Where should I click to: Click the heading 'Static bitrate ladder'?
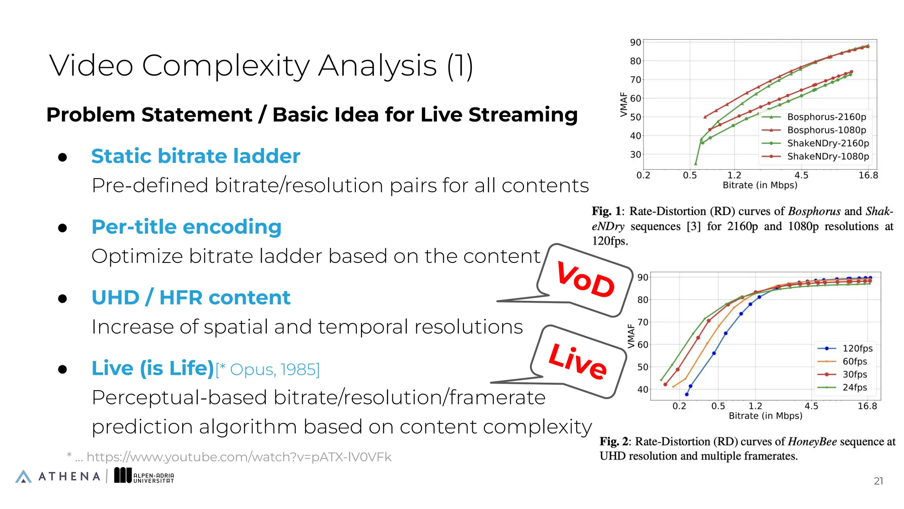tap(196, 156)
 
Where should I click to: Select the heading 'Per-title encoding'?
tap(186, 227)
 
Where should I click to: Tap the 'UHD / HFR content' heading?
tap(191, 297)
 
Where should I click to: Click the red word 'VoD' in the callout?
tap(585, 280)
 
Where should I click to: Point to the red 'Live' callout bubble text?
tap(577, 361)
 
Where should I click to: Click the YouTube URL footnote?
tap(238, 457)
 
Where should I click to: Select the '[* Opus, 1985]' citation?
tap(267, 369)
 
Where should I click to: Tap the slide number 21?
tap(878, 481)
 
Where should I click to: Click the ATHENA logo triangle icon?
tap(23, 476)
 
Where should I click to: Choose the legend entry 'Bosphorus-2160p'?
tap(826, 117)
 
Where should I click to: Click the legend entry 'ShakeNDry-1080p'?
tap(828, 156)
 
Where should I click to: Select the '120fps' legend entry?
tap(857, 348)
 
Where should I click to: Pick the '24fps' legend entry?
tap(855, 387)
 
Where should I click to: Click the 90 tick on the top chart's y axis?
tap(635, 42)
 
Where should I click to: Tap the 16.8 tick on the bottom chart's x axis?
tap(867, 406)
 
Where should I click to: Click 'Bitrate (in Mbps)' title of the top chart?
tap(760, 185)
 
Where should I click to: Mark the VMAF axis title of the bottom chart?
tap(631, 336)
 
